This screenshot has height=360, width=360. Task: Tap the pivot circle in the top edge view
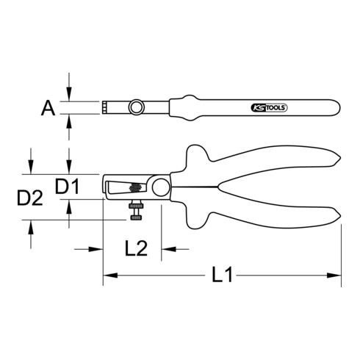136,109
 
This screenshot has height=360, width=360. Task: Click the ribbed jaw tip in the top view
107,109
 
